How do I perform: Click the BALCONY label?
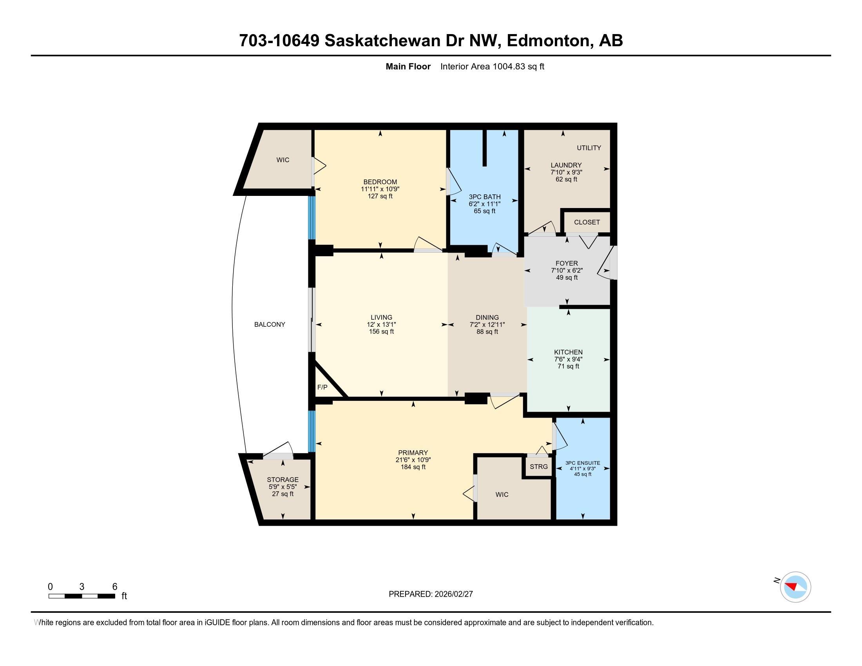coord(270,324)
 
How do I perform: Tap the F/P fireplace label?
coord(322,387)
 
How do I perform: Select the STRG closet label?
coord(538,466)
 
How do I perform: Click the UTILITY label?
coord(589,148)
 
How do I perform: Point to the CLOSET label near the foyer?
coord(587,222)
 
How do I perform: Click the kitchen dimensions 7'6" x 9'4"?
coord(568,359)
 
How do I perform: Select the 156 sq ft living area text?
coord(381,331)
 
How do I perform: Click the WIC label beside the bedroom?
coord(283,160)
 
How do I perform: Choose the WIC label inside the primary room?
coord(502,494)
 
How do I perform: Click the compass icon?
coord(795,587)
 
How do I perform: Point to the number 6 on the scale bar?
coord(114,586)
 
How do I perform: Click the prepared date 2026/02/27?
coord(453,594)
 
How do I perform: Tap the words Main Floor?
coord(408,66)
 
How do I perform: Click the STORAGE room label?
coord(283,480)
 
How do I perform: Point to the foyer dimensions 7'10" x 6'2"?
coord(567,270)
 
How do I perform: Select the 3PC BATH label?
coord(484,197)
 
